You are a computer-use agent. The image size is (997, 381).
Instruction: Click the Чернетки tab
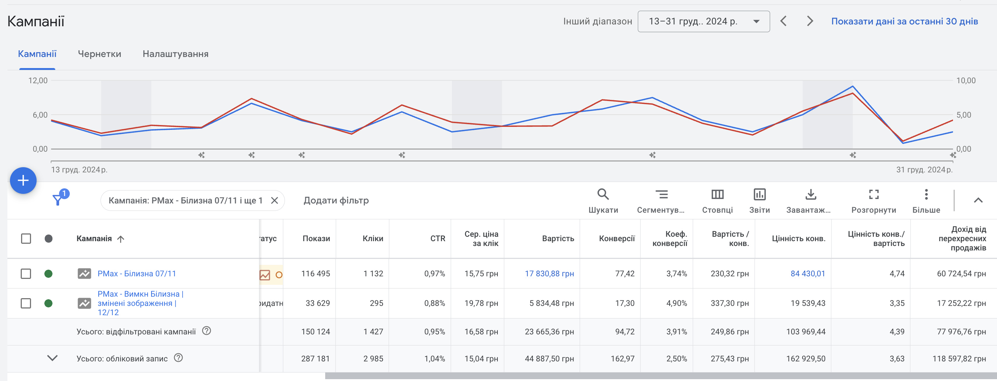tap(99, 54)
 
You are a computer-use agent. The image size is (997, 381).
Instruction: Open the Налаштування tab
tap(175, 54)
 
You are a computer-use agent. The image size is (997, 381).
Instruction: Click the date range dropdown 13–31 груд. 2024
tap(703, 21)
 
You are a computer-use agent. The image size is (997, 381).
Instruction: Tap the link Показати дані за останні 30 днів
tap(905, 21)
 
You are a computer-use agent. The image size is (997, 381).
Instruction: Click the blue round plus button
tap(23, 180)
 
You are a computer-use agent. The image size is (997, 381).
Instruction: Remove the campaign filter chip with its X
tap(275, 200)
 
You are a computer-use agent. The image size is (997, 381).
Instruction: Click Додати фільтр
tap(336, 200)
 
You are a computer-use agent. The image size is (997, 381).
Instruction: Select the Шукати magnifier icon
tap(603, 194)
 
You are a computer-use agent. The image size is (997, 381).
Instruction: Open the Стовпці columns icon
tap(717, 194)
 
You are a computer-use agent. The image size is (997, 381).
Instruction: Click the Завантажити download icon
tap(810, 194)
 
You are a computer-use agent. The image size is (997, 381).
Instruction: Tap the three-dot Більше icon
tap(926, 194)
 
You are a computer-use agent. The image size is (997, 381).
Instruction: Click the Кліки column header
tap(373, 238)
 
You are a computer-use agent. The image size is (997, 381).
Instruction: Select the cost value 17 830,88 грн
tap(549, 274)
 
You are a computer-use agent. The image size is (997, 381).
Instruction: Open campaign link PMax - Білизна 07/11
tap(137, 274)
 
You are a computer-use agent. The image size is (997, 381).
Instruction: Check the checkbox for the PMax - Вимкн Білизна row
tap(26, 303)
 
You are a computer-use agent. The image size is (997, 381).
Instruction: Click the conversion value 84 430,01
tap(808, 274)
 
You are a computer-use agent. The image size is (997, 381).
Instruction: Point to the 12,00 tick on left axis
tap(38, 81)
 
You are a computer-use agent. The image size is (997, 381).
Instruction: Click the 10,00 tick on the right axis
tap(966, 81)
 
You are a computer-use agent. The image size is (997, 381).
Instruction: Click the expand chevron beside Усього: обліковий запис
tap(52, 358)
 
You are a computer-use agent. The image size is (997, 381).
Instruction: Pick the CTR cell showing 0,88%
tap(434, 303)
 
